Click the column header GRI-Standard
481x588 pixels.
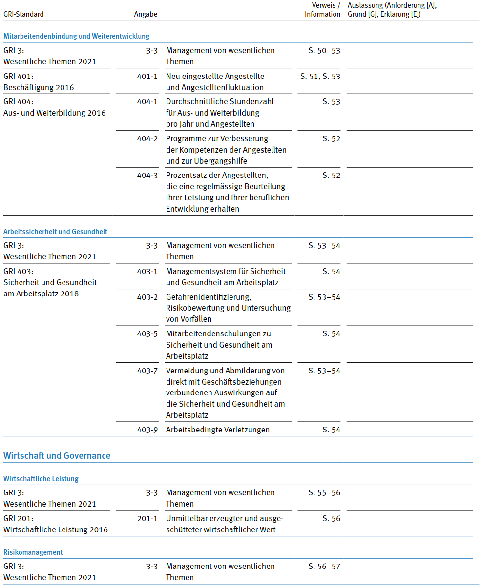pyautogui.click(x=23, y=14)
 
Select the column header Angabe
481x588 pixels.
pyautogui.click(x=146, y=14)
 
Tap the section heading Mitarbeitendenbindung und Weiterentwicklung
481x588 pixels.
pyautogui.click(x=76, y=36)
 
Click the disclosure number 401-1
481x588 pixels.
pyautogui.click(x=147, y=76)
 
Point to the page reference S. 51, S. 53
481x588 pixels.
pyautogui.click(x=320, y=76)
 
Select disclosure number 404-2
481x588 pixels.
pyautogui.click(x=147, y=138)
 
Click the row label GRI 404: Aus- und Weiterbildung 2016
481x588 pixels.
pyautogui.click(x=54, y=107)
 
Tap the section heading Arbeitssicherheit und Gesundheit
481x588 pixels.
pyautogui.click(x=55, y=232)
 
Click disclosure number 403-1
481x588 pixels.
pyautogui.click(x=147, y=271)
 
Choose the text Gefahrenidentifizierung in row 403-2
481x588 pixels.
pyautogui.click(x=209, y=297)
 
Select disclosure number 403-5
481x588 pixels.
pyautogui.click(x=147, y=333)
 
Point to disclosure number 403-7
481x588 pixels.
pyautogui.click(x=147, y=371)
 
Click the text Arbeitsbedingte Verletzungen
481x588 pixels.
pyautogui.click(x=218, y=430)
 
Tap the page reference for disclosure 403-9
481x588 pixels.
pyautogui.click(x=331, y=430)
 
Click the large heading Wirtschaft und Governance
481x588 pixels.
pyautogui.click(x=57, y=456)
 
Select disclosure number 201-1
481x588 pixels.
pyautogui.click(x=147, y=518)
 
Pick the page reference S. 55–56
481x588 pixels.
pyautogui.click(x=324, y=492)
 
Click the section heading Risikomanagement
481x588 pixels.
pyautogui.click(x=33, y=552)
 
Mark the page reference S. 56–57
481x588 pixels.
pyautogui.click(x=324, y=566)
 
